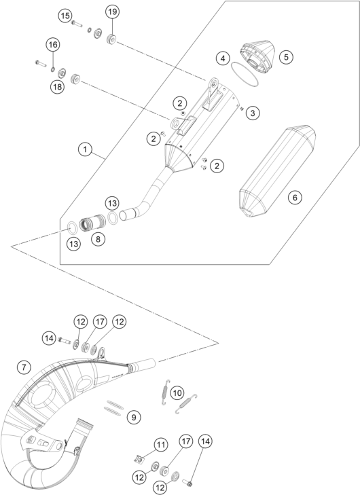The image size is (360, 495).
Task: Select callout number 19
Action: pos(112,12)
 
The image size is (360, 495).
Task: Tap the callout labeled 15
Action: pos(65,15)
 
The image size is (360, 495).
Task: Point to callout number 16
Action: pos(52,45)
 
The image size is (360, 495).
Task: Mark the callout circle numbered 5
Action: pos(286,57)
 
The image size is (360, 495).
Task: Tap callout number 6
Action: pos(294,198)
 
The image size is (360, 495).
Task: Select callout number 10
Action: pos(177,392)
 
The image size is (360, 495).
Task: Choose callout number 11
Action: pos(160,445)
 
